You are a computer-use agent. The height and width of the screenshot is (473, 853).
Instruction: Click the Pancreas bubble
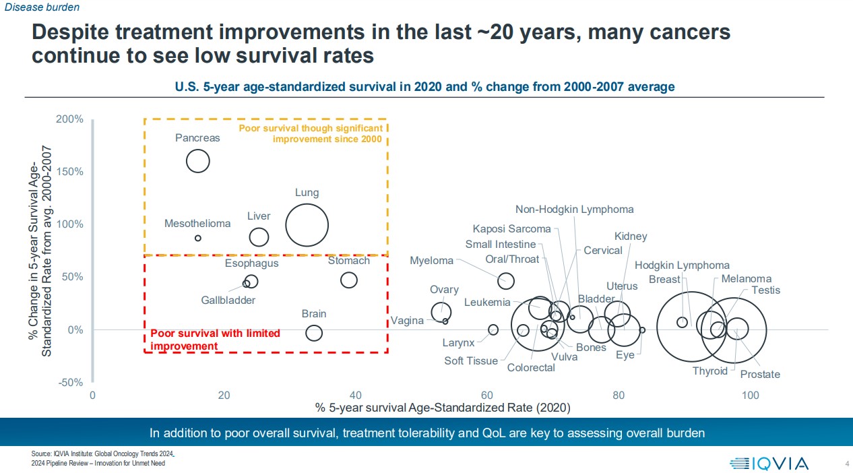pyautogui.click(x=197, y=161)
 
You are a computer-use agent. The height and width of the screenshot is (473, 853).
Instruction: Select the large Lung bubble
pyautogui.click(x=307, y=226)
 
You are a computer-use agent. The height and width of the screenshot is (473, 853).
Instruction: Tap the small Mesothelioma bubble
pyautogui.click(x=197, y=238)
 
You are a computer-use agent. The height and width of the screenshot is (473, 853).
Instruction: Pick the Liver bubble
pyautogui.click(x=259, y=237)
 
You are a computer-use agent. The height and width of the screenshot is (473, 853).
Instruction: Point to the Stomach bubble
pyautogui.click(x=348, y=280)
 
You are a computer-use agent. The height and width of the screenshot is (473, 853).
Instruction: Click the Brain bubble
pyautogui.click(x=313, y=333)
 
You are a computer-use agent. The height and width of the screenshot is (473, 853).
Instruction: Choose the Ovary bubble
pyautogui.click(x=441, y=312)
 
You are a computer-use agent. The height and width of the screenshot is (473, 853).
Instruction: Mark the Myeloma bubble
pyautogui.click(x=505, y=281)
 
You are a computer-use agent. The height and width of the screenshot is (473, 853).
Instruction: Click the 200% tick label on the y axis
pyautogui.click(x=69, y=119)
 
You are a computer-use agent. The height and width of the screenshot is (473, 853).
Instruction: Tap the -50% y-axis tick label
pyautogui.click(x=69, y=383)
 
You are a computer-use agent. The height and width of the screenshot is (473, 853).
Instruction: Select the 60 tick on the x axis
pyautogui.click(x=487, y=396)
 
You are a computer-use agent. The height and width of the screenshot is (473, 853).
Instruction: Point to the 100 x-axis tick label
pyautogui.click(x=750, y=396)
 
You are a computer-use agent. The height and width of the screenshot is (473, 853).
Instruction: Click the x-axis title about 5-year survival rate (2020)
pyautogui.click(x=442, y=408)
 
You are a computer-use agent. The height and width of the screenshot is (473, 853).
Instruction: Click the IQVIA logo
pyautogui.click(x=769, y=463)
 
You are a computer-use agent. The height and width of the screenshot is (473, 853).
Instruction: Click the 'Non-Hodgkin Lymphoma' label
pyautogui.click(x=574, y=210)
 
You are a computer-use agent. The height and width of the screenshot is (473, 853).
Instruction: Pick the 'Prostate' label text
pyautogui.click(x=759, y=375)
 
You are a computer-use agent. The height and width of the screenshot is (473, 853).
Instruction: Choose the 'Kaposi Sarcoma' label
pyautogui.click(x=511, y=229)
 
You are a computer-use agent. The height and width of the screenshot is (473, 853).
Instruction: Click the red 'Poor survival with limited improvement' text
pyautogui.click(x=214, y=340)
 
